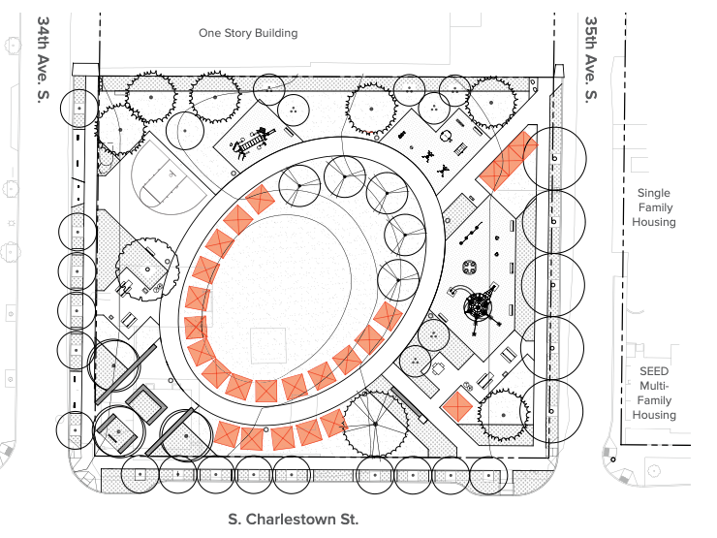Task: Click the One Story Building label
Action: (x=248, y=33)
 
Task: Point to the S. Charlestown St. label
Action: (x=293, y=519)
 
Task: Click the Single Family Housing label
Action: (x=654, y=207)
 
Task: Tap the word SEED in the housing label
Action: (x=654, y=371)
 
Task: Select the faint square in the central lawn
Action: (x=268, y=346)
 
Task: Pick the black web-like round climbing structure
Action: (x=479, y=308)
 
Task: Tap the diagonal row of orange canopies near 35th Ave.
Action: (x=508, y=161)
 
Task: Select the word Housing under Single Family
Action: (x=654, y=222)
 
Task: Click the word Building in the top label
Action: (x=275, y=33)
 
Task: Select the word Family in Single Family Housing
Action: (x=654, y=207)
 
